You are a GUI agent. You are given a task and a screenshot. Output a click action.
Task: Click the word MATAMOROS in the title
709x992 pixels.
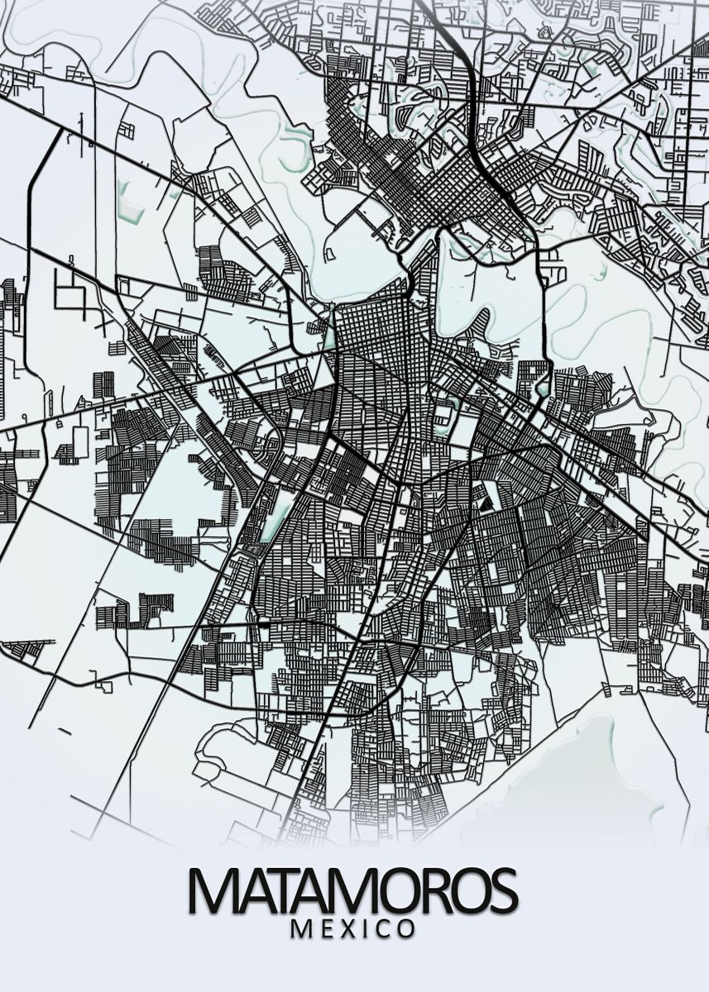tap(353, 891)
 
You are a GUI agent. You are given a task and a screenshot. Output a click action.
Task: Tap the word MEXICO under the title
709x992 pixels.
tap(353, 929)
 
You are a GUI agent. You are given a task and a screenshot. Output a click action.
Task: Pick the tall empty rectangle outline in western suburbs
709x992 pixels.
tap(80, 442)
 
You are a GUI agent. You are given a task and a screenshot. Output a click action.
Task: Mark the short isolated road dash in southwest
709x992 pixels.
tap(64, 731)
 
